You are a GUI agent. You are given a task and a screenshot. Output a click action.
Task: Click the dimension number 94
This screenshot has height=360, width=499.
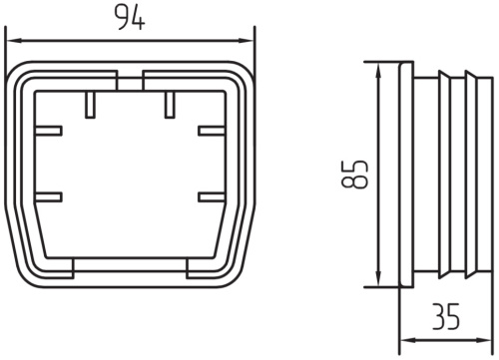[130, 18]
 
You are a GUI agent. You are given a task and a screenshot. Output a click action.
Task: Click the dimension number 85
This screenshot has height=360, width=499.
[355, 175]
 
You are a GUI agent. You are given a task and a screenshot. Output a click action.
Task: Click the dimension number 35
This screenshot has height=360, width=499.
[446, 316]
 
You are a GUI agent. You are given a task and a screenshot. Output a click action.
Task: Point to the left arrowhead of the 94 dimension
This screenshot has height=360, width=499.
[14, 41]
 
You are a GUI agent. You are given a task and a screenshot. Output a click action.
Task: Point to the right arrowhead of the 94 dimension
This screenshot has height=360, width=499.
[247, 41]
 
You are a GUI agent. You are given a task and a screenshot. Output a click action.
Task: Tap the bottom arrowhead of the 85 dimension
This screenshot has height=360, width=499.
[378, 278]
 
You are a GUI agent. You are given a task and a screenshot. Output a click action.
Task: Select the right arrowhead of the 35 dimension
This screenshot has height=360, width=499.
[484, 340]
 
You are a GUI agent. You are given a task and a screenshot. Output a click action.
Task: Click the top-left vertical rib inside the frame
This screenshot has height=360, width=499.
[90, 105]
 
